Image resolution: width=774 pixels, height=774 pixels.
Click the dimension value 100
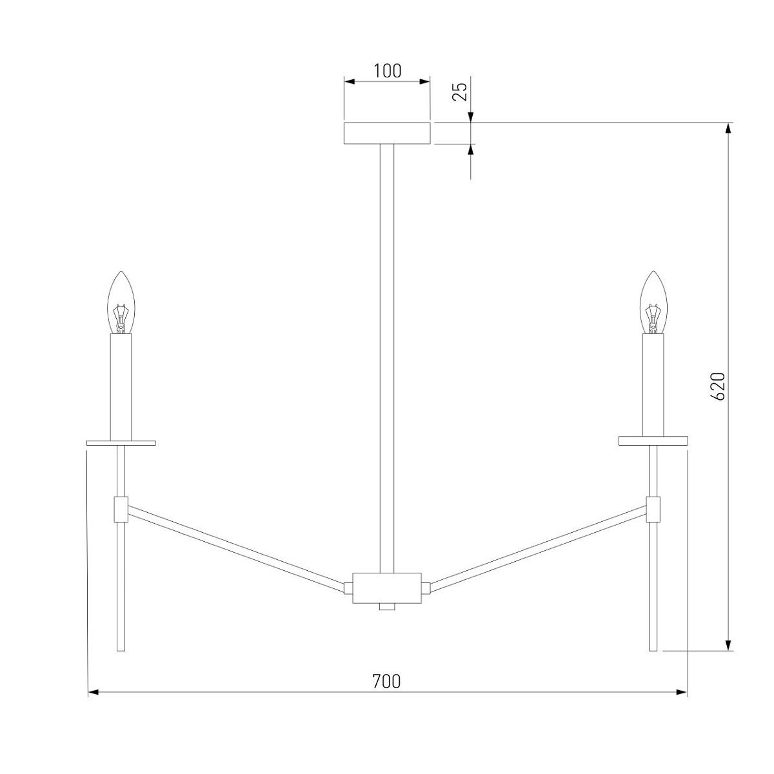point(387,71)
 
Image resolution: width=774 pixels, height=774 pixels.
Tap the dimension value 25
point(460,92)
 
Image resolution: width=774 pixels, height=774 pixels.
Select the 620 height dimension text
point(718,386)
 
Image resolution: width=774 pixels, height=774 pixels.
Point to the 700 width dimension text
point(386,681)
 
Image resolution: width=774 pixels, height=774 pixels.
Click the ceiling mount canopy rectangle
point(387,134)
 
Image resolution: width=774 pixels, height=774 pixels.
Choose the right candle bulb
point(653,303)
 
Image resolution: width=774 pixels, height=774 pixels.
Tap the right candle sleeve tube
point(653,386)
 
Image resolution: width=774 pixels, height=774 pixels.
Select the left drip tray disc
point(121,443)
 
